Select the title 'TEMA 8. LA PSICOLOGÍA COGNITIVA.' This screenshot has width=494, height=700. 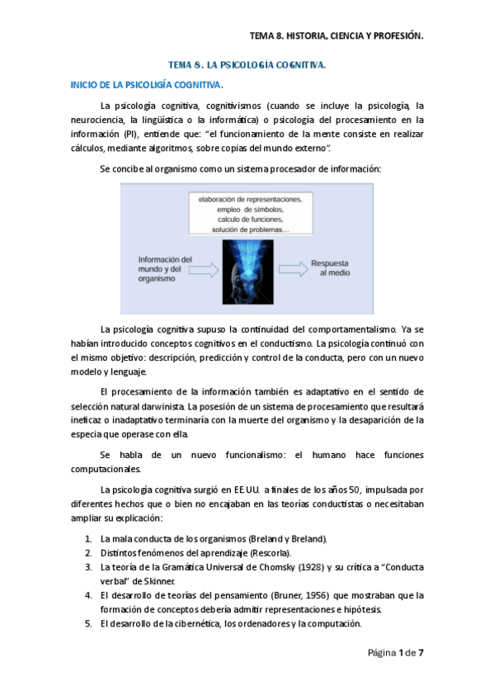[247, 64]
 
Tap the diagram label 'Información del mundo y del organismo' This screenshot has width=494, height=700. [164, 268]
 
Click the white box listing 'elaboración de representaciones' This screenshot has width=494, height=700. [250, 213]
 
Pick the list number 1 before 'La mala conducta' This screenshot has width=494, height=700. [87, 539]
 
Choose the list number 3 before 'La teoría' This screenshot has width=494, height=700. [87, 567]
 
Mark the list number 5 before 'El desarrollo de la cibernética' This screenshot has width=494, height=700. [87, 623]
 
